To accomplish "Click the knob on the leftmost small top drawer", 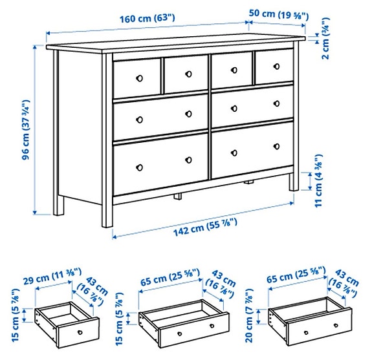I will [138, 78].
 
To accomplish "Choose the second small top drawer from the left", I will [184, 74].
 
